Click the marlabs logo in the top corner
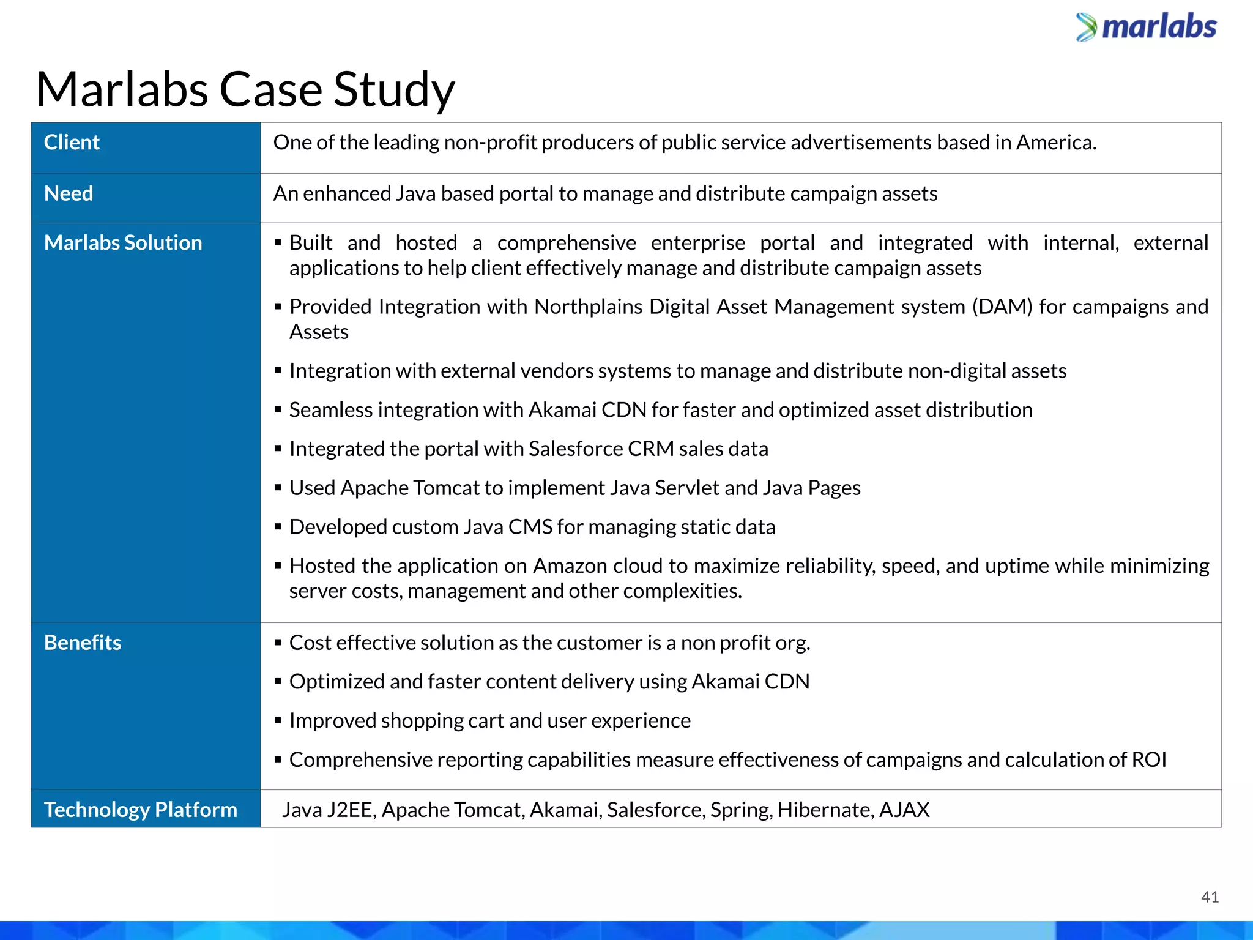[x=1147, y=28]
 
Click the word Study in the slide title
[x=393, y=90]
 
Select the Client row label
[x=72, y=143]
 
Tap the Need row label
[x=69, y=193]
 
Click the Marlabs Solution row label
[x=123, y=243]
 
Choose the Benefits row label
[x=83, y=643]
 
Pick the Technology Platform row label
[x=140, y=810]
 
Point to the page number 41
[x=1210, y=897]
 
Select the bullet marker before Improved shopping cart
[x=278, y=721]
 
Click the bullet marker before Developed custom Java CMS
[x=278, y=527]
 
